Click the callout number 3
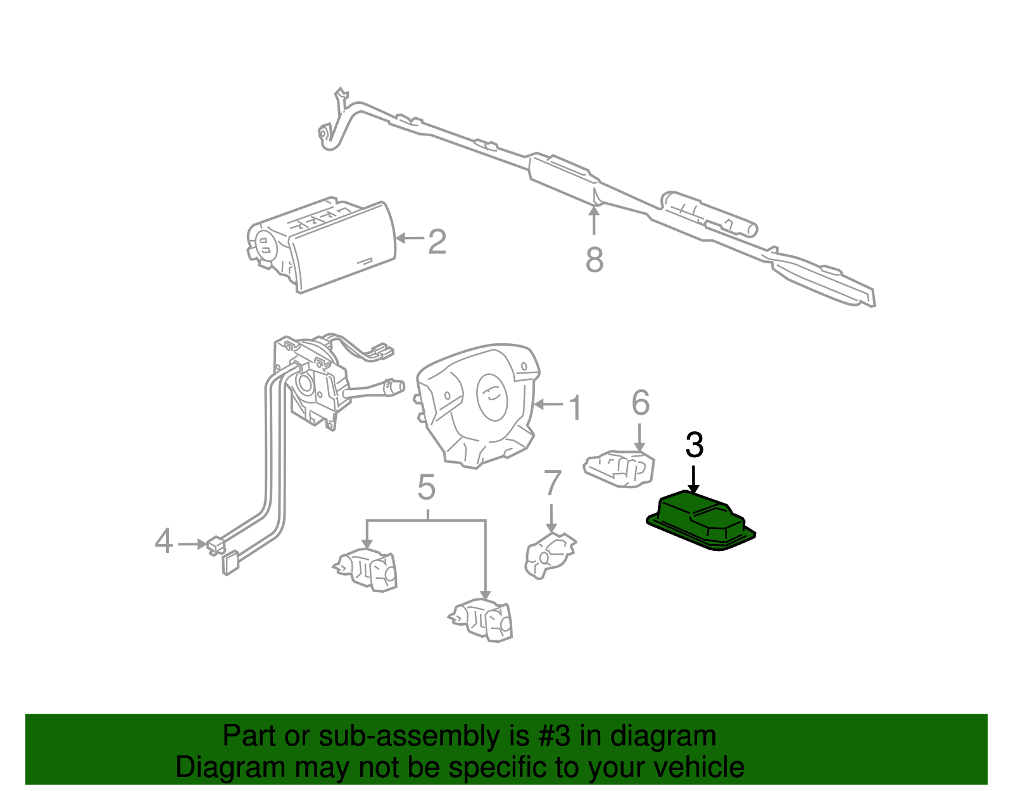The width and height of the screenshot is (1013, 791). tap(695, 445)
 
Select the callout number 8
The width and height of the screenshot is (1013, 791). tap(594, 260)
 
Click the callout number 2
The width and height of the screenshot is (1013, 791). tap(437, 241)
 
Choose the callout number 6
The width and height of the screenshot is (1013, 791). tap(640, 403)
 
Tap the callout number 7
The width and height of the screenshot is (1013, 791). tap(552, 483)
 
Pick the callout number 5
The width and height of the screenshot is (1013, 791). tap(427, 488)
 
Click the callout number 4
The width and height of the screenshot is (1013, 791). tap(163, 541)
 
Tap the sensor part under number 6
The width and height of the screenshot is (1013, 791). tap(619, 469)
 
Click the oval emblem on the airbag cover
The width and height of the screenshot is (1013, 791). tap(493, 396)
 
